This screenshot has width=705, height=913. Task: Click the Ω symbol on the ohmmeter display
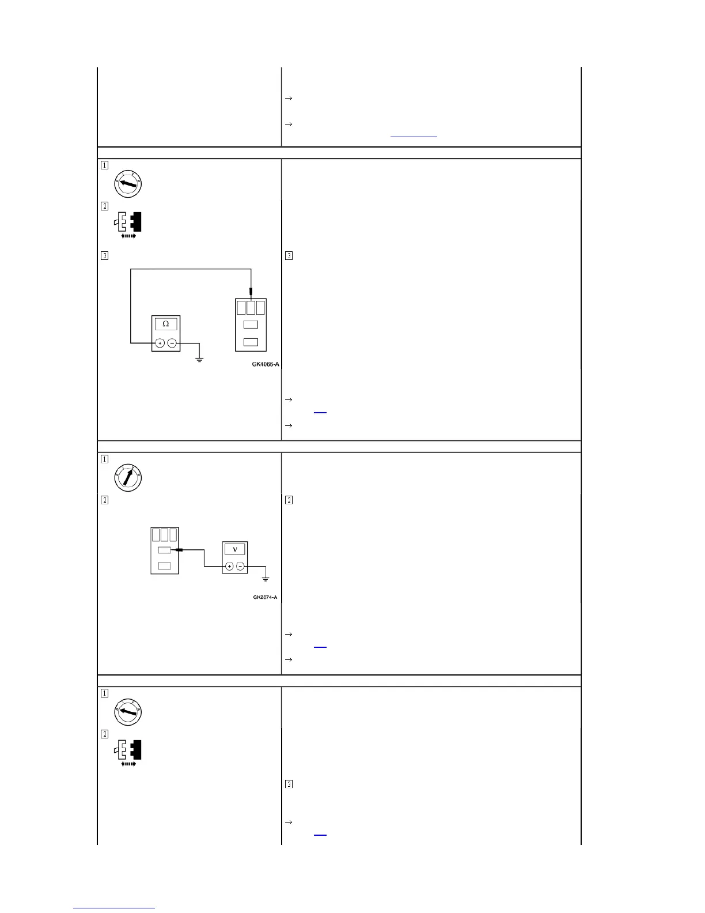(x=166, y=324)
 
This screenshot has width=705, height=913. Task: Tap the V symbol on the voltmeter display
(x=235, y=549)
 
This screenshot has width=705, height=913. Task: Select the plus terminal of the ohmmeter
(x=160, y=344)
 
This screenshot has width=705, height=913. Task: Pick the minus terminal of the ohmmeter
(x=172, y=344)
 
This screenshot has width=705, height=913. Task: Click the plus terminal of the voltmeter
(x=229, y=567)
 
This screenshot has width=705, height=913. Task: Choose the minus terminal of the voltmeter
(x=241, y=567)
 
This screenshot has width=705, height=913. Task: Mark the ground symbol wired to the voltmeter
(x=266, y=579)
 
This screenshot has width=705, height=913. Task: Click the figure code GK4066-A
(x=266, y=364)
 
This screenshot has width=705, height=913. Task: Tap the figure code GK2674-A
(x=265, y=597)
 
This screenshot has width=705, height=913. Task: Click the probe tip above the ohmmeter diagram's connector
(x=251, y=292)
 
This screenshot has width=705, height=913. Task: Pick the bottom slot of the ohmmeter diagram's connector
(x=251, y=342)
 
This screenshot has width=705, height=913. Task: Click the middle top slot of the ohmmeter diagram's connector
(x=251, y=307)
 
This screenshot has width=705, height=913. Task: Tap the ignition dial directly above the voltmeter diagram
(x=128, y=478)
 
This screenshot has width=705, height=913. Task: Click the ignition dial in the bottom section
(x=128, y=712)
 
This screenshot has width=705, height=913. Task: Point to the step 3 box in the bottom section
(x=289, y=784)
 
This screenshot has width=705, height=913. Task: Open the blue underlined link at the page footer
(x=114, y=908)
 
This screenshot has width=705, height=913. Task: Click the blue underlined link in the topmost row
(x=414, y=137)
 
